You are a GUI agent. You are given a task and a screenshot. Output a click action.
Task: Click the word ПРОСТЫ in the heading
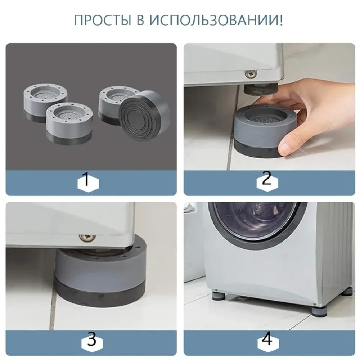click(x=102, y=20)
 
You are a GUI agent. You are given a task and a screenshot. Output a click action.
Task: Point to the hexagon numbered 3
click(x=92, y=340)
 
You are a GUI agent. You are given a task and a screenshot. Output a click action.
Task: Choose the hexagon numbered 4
click(x=268, y=340)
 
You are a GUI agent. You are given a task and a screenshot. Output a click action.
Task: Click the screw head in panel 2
click(x=250, y=74)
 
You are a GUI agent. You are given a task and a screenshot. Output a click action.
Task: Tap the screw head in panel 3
click(x=87, y=238)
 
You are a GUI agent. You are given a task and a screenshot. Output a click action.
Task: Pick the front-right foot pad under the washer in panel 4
click(x=318, y=309)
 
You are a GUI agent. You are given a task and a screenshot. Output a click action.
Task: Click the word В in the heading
click(x=140, y=20)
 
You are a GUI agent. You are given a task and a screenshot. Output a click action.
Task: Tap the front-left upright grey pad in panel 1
click(x=69, y=123)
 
